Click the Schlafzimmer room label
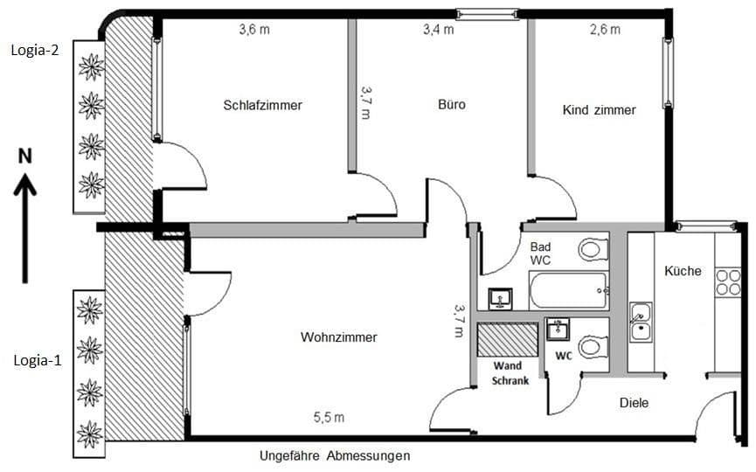262,106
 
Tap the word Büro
451,105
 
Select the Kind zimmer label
599,110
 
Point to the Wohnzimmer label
338,337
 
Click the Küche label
683,271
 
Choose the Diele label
634,403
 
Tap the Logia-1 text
36,359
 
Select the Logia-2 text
35,50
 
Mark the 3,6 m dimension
254,30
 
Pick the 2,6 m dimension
605,30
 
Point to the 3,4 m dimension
438,30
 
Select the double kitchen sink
641,321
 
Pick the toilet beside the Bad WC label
593,250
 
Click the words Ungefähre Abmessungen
335,456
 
